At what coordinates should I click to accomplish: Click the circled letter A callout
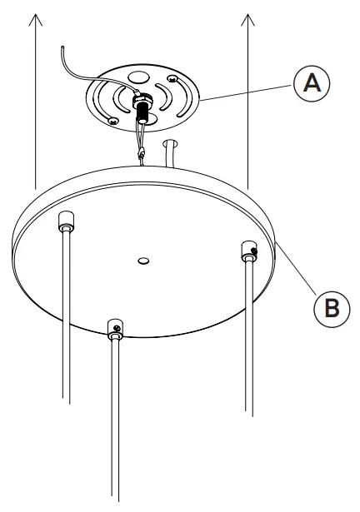point(309,82)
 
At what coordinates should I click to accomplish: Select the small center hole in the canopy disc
point(143,261)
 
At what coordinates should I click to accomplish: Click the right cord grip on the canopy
point(247,251)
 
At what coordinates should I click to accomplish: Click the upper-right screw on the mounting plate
point(172,80)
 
